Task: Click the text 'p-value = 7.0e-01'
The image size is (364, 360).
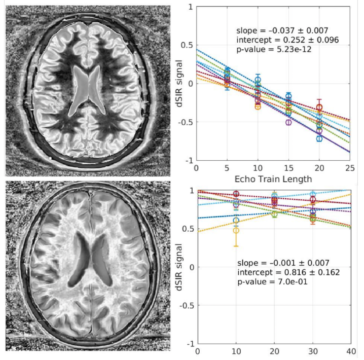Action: coord(270,282)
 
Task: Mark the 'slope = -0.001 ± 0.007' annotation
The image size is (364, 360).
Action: coord(281,263)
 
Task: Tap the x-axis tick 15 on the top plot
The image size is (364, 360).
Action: coord(289,168)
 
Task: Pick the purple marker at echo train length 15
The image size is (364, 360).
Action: coord(289,122)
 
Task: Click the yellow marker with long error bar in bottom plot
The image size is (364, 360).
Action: coord(236,231)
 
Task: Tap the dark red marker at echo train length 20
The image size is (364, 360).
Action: coord(319,107)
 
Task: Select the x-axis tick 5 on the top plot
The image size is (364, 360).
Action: coord(227,168)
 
